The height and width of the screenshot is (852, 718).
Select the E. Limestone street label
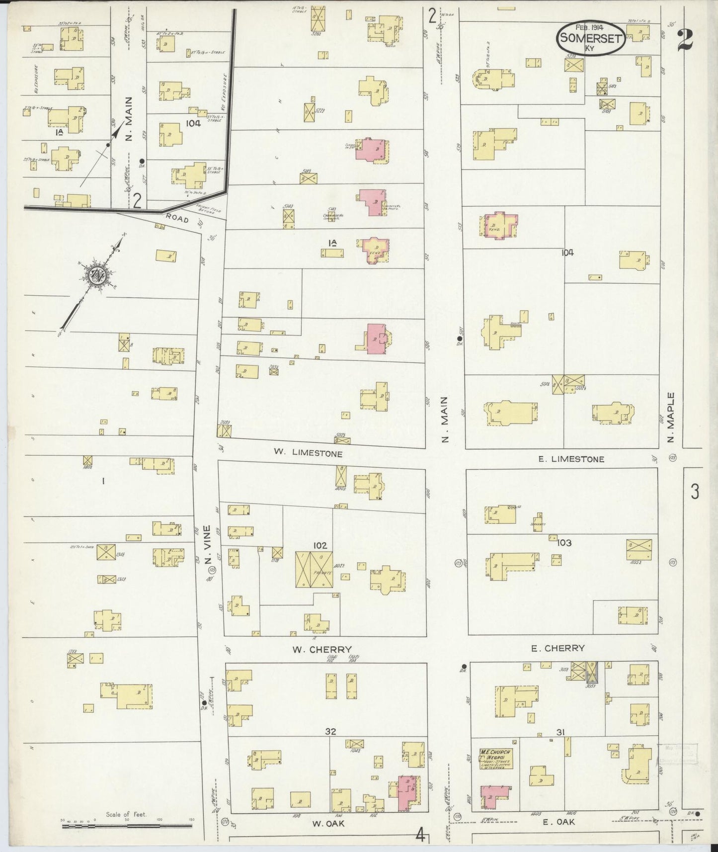[571, 459]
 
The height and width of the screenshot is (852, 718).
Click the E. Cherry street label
[558, 648]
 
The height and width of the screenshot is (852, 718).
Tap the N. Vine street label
[207, 544]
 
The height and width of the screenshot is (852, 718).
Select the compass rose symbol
[94, 276]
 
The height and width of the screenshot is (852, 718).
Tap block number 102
[319, 545]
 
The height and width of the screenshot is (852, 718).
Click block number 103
[564, 542]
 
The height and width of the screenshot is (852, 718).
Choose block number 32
[330, 731]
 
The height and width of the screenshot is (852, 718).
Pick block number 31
[560, 732]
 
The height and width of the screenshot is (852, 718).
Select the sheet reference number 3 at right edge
[694, 492]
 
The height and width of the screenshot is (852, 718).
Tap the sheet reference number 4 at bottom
[420, 836]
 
